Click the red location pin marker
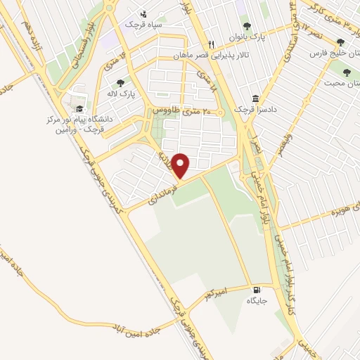pyautogui.click(x=181, y=166)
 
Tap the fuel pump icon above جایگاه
pyautogui.click(x=257, y=289)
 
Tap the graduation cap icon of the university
pyautogui.click(x=80, y=109)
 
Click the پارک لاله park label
pyautogui.click(x=121, y=94)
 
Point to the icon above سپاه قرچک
pyautogui.click(x=143, y=13)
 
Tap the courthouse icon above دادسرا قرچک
pyautogui.click(x=259, y=98)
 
